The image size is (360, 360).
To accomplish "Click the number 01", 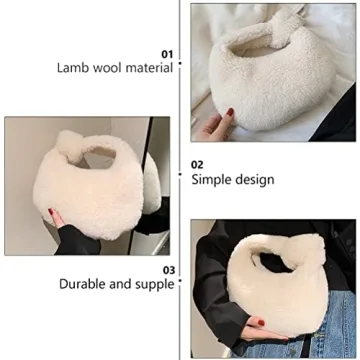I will [x=167, y=53].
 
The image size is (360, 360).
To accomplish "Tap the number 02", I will [x=198, y=164].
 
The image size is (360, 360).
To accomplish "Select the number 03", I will [x=169, y=269].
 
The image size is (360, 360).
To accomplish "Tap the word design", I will [x=255, y=180].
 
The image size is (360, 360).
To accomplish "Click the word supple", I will [x=155, y=284].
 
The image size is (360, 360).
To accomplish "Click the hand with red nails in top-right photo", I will [x=217, y=125].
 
